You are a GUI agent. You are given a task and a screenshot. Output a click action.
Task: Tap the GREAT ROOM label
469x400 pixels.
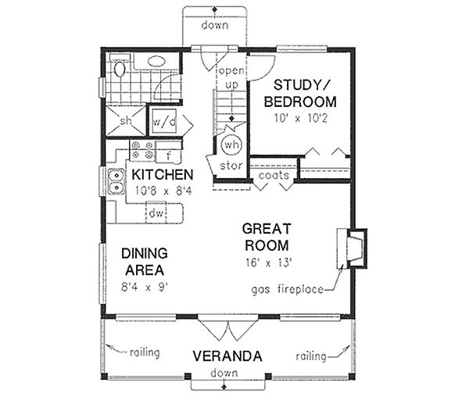click(267, 237)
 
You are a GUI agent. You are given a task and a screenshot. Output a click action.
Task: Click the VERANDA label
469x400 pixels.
click(227, 356)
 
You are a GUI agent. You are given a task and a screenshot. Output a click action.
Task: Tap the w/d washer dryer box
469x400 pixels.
click(164, 122)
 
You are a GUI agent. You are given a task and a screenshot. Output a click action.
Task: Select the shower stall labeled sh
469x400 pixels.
click(125, 121)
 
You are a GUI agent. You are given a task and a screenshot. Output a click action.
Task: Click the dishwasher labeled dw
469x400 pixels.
click(156, 212)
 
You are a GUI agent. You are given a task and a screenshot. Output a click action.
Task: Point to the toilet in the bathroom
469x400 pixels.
click(120, 70)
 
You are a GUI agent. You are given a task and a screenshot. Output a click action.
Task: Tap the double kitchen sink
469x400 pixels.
click(115, 182)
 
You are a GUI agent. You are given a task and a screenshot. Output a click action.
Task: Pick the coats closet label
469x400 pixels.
click(274, 176)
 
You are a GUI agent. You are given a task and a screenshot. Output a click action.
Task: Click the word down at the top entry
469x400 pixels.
click(214, 24)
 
